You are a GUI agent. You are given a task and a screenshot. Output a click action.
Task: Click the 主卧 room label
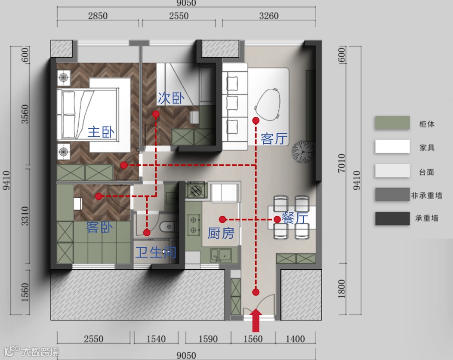[101, 132]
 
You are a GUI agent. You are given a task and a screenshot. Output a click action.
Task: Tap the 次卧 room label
[171, 98]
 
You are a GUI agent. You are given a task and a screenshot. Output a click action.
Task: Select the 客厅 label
[274, 138]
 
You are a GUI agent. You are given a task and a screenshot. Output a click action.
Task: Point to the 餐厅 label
[295, 218]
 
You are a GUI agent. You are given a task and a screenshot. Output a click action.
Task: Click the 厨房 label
[221, 233]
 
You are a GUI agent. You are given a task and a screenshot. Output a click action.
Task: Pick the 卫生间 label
[156, 252]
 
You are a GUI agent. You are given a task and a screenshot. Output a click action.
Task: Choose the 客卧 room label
[99, 228]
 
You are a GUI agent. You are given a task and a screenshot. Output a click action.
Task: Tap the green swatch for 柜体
[392, 123]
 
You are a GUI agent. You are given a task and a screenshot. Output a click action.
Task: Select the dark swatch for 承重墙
[392, 218]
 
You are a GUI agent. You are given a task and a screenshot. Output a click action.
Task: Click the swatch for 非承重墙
[392, 194]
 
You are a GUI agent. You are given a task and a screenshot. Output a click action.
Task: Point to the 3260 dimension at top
[269, 15]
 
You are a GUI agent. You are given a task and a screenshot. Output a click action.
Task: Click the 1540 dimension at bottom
[156, 338]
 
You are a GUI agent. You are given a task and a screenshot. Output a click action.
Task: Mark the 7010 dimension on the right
[342, 163]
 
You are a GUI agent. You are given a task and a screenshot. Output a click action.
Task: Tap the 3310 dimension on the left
[25, 216]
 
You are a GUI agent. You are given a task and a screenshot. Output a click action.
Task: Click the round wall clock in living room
[302, 152]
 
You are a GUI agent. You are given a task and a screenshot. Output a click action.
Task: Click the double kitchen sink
[221, 255]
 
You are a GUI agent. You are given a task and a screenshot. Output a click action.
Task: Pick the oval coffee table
[268, 105]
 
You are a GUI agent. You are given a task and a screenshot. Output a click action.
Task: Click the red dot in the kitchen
[222, 220]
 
